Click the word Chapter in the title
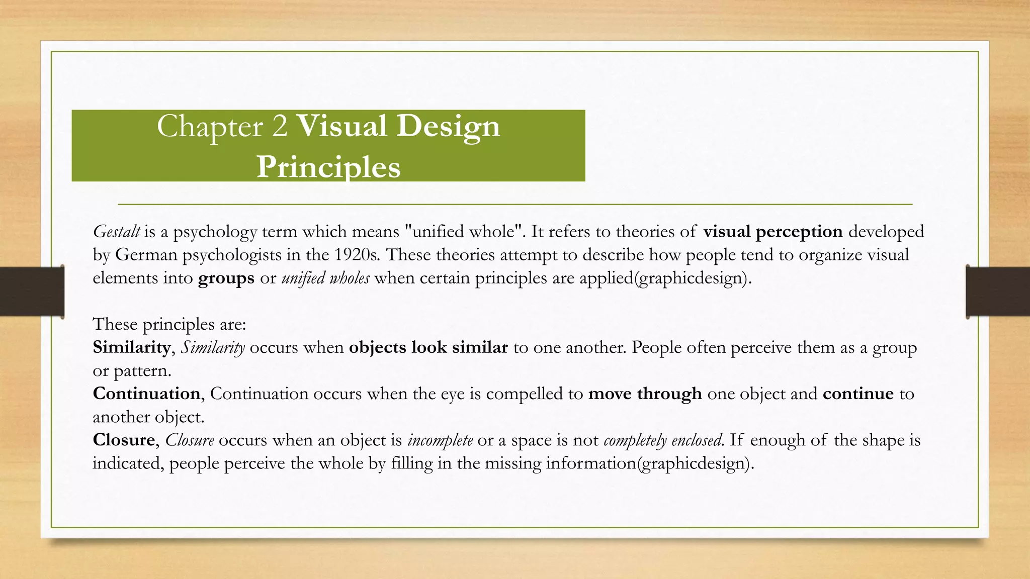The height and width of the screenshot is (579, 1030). (x=210, y=126)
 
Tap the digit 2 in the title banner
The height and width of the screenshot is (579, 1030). (x=279, y=126)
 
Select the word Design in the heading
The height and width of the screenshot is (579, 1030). (x=448, y=126)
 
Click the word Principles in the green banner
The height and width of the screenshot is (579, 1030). (x=328, y=166)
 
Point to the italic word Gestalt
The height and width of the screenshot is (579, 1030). (x=116, y=232)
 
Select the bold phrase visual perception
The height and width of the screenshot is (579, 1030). (x=773, y=232)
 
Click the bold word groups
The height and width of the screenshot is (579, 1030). (x=226, y=278)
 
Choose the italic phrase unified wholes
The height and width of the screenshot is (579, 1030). (x=325, y=278)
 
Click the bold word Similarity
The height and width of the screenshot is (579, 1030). (x=131, y=347)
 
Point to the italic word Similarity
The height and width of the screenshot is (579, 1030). (x=213, y=347)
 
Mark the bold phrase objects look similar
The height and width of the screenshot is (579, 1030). (x=428, y=347)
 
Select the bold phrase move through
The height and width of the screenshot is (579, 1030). (x=645, y=394)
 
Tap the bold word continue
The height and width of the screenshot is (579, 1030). (x=858, y=394)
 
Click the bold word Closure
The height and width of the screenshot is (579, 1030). (x=124, y=440)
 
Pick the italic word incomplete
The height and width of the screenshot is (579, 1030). (x=440, y=440)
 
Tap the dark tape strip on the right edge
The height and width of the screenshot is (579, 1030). (x=998, y=292)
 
